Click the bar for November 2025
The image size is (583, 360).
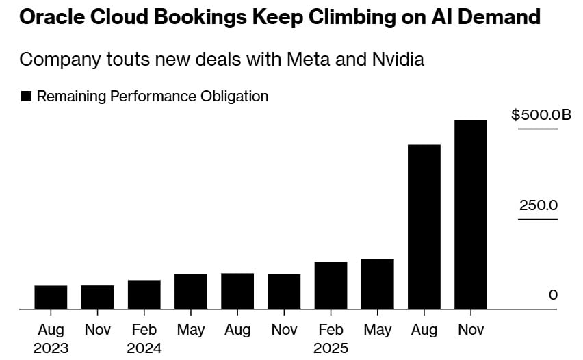pyautogui.click(x=471, y=215)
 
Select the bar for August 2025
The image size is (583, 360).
pyautogui.click(x=424, y=227)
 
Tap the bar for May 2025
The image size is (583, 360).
pyautogui.click(x=378, y=284)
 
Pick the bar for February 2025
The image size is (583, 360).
pyautogui.click(x=331, y=285)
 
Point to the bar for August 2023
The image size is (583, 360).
pyautogui.click(x=51, y=297)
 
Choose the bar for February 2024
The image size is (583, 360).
pyautogui.click(x=144, y=294)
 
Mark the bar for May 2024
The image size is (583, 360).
pyautogui.click(x=191, y=292)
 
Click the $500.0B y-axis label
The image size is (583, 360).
pyautogui.click(x=541, y=114)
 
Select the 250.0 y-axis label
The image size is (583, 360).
pyautogui.click(x=538, y=205)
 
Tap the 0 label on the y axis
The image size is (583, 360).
pyautogui.click(x=553, y=295)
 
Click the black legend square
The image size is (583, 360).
pyautogui.click(x=27, y=97)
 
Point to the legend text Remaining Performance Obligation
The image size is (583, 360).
pyautogui.click(x=153, y=97)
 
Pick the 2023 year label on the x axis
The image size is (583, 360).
pyautogui.click(x=51, y=348)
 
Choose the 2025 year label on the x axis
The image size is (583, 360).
pyautogui.click(x=331, y=348)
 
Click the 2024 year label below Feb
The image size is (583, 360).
pyautogui.click(x=144, y=348)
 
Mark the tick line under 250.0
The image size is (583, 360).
pyautogui.click(x=538, y=220)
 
